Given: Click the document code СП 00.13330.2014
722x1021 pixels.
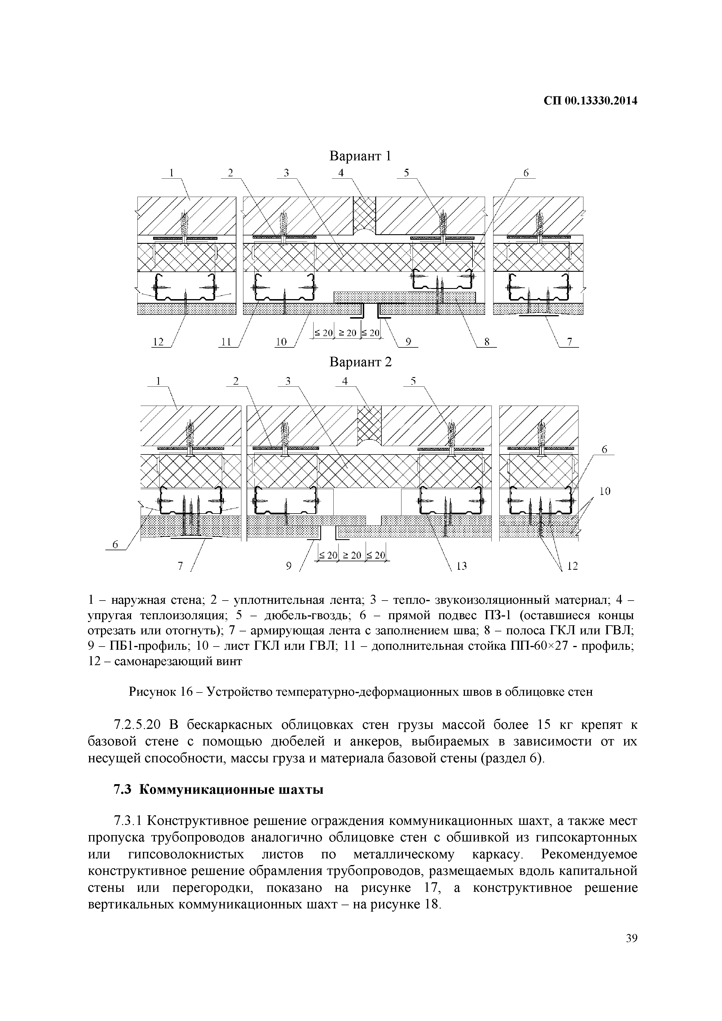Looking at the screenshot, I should coord(590,101).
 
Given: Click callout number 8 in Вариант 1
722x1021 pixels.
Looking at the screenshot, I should coord(487,342).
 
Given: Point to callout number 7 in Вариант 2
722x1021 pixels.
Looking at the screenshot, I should coord(180,566).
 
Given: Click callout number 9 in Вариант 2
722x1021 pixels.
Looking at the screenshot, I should coord(289,566).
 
